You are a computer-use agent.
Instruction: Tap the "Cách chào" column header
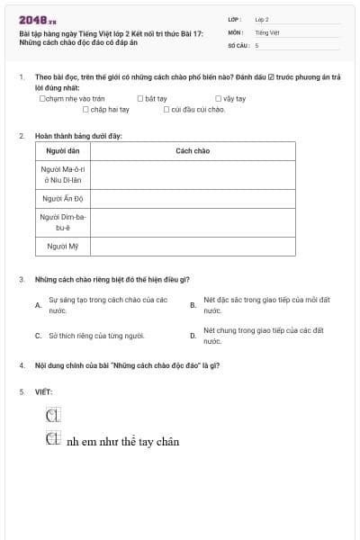(x=193, y=150)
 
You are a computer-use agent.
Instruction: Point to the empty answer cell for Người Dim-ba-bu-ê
(x=193, y=222)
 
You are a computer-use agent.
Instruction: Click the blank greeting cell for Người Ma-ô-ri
(x=193, y=174)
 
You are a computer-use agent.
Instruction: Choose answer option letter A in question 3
(x=38, y=304)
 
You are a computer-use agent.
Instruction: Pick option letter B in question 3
(x=193, y=304)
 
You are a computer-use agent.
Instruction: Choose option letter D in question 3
(x=193, y=336)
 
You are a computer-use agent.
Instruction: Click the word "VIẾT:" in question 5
(x=44, y=391)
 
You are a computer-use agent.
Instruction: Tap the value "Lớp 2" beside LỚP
(x=262, y=19)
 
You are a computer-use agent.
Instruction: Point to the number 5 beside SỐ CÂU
(x=256, y=44)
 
